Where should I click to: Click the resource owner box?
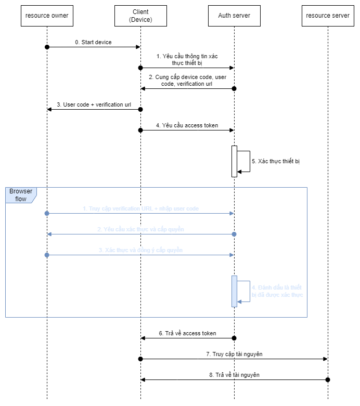click(47, 16)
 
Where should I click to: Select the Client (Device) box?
click(140, 16)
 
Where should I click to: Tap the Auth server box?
click(234, 16)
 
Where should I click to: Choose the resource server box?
click(328, 16)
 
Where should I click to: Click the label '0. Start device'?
click(93, 42)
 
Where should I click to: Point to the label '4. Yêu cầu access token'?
click(187, 125)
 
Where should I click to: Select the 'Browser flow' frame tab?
click(21, 195)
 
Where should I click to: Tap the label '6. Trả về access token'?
click(187, 333)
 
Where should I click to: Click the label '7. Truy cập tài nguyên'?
click(234, 354)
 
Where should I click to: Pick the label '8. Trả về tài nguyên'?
click(234, 375)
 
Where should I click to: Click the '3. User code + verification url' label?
click(94, 104)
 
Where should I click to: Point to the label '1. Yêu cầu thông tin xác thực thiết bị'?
click(187, 59)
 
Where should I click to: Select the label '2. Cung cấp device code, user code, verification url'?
click(187, 80)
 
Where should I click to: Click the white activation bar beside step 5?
click(234, 161)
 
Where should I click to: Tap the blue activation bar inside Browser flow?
click(234, 291)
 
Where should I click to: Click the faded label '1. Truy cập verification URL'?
click(140, 208)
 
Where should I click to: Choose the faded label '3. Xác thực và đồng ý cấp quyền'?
click(140, 250)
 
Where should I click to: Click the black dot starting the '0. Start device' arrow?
click(47, 47)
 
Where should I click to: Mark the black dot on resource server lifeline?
click(328, 379)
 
